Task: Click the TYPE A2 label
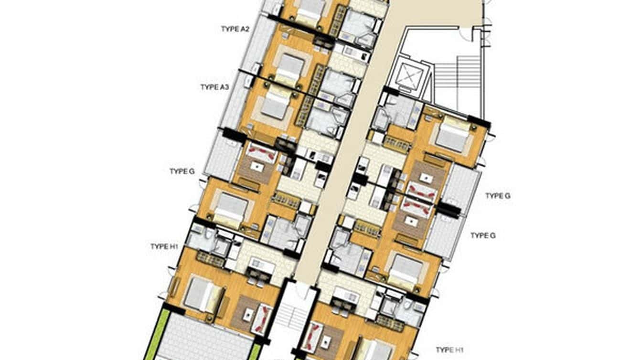tap(235, 29)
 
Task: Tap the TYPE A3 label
tap(215, 87)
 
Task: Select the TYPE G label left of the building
tap(182, 171)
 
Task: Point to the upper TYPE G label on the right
tap(498, 196)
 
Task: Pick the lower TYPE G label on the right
tap(483, 235)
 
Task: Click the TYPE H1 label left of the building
tap(164, 246)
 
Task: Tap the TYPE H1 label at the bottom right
tap(452, 350)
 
